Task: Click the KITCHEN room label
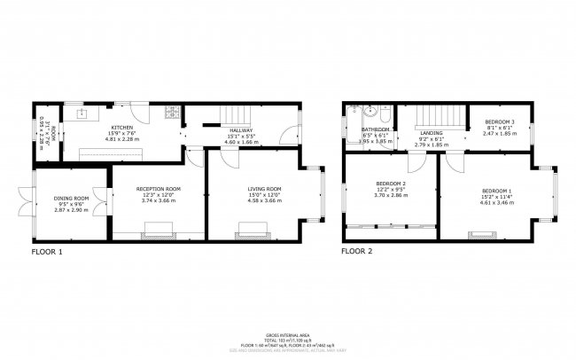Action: (x=121, y=127)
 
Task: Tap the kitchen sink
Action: (x=82, y=113)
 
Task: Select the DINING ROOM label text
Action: (x=72, y=198)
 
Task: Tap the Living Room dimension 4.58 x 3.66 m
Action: (x=265, y=201)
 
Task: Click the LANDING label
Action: (x=431, y=132)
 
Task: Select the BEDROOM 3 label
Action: (x=499, y=121)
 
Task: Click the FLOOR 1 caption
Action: (x=47, y=252)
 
